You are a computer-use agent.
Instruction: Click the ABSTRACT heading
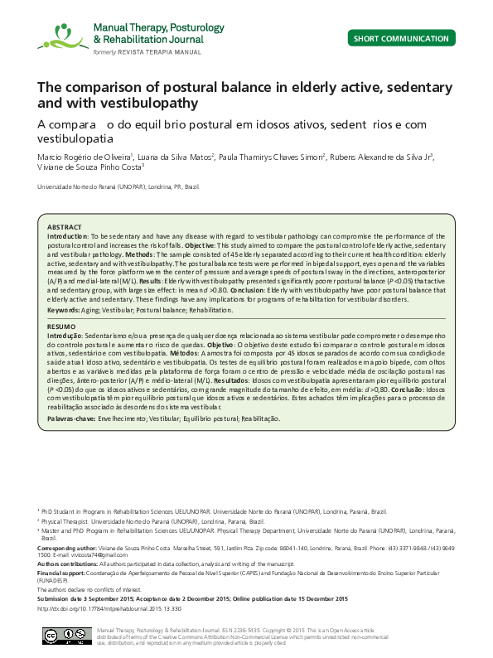click(x=64, y=227)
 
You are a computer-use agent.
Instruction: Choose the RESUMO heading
click(x=61, y=327)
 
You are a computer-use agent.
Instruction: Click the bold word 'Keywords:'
click(x=63, y=309)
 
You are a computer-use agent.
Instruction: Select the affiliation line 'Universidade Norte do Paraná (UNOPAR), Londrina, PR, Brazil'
click(x=118, y=187)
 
